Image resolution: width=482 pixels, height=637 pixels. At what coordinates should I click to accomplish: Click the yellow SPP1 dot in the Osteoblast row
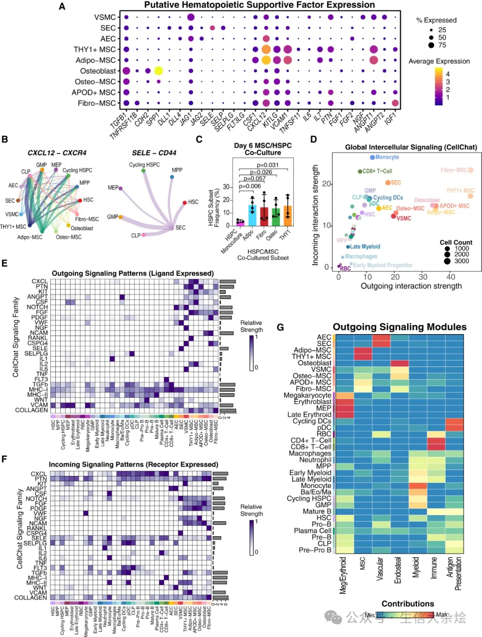pos(158,70)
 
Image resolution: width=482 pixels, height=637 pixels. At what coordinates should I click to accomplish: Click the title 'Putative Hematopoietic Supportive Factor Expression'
pos(259,5)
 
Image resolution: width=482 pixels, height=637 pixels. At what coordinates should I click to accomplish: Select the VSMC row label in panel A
pos(105,17)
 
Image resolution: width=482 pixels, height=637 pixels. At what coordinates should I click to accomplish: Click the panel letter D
pos(314,140)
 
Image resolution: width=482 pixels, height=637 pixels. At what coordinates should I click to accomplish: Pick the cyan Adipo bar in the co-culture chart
pos(252,215)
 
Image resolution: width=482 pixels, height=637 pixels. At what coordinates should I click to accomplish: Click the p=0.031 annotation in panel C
pos(267,165)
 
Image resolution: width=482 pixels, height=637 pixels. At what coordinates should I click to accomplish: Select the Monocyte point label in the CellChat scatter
pos(387,157)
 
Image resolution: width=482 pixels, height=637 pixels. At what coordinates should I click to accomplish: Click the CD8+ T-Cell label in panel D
pos(377,171)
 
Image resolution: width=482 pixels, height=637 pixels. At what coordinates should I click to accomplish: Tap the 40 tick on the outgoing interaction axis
pos(451,277)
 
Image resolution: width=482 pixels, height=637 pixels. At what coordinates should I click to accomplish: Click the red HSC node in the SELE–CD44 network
pos(185,203)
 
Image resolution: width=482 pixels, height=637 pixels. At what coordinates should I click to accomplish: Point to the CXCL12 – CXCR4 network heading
pos(57,153)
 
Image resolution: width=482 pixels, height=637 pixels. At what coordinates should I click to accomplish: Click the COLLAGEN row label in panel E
pos(31,410)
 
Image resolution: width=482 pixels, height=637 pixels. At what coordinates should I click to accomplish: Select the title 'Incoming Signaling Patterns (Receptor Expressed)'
pos(133,464)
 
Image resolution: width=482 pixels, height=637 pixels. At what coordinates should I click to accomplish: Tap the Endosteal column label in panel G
pos(398,570)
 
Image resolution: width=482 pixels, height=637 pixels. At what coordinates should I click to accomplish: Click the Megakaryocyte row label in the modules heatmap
pos(307,395)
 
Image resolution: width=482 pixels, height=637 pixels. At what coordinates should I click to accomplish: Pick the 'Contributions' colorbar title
pos(407,604)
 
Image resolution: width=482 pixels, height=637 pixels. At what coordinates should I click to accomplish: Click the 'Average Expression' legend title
pos(439,61)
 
